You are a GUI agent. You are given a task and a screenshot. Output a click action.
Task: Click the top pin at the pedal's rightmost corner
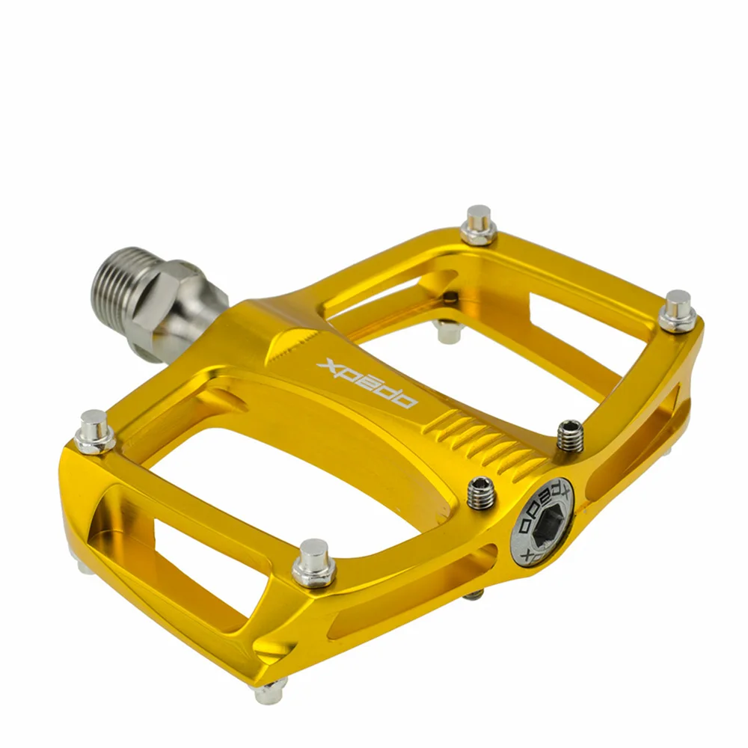tap(678, 311)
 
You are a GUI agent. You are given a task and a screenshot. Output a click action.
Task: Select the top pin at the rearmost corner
tap(479, 225)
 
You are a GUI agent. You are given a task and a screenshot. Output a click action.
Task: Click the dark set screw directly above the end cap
tap(570, 435)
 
